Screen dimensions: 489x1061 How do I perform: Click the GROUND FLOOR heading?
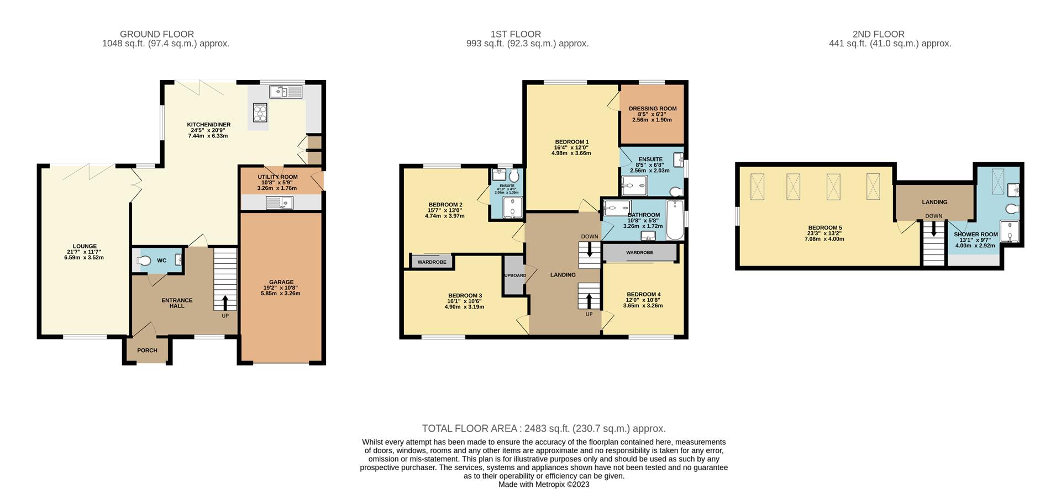point(157,34)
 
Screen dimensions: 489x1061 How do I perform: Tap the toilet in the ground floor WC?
point(144,261)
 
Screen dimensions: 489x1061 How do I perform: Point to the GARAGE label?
point(281,282)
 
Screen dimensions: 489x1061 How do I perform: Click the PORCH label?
point(147,350)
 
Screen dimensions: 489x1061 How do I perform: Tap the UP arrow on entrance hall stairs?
point(225,302)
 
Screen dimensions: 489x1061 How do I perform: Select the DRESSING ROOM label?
point(652,109)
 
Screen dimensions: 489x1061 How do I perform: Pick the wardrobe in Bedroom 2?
point(432,262)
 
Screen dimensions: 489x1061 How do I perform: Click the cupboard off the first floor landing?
point(514,275)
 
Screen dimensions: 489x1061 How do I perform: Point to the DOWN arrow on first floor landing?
point(589,250)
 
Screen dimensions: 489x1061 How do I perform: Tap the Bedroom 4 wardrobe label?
point(639,252)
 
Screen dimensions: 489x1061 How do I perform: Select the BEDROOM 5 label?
point(825,227)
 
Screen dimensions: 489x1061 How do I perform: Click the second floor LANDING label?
point(934,202)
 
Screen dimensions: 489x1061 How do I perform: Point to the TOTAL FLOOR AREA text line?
point(544,428)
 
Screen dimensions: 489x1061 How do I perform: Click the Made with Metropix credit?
point(544,485)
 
